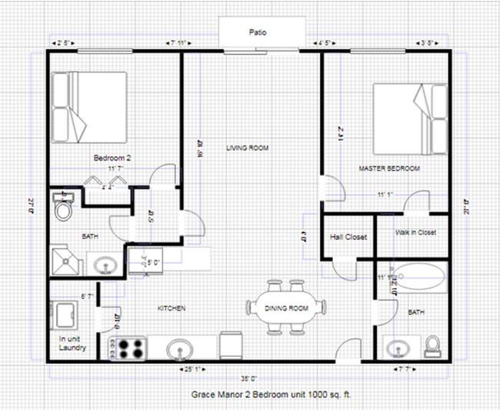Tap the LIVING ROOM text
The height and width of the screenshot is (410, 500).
[247, 147]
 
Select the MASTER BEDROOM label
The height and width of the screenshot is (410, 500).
[389, 168]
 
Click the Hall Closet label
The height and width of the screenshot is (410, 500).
[347, 237]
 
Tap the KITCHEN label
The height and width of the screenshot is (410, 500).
[172, 308]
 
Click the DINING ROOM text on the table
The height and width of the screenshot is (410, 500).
[286, 308]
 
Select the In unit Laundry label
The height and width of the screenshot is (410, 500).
[72, 343]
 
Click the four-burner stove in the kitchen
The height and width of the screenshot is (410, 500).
[129, 348]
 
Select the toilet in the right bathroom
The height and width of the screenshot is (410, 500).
[433, 345]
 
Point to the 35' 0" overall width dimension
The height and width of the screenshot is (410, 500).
[248, 378]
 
